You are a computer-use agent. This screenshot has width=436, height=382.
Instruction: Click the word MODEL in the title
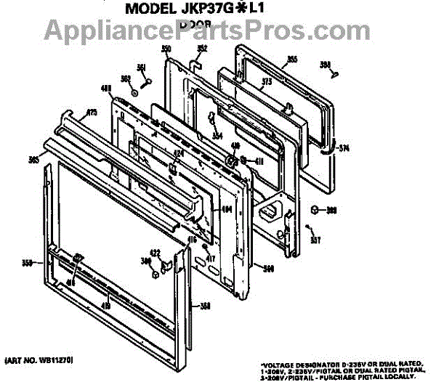[148, 11]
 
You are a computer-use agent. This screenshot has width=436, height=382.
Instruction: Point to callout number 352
[202, 49]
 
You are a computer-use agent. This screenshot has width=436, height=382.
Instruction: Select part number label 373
[267, 82]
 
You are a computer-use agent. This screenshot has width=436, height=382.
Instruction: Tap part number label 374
[344, 149]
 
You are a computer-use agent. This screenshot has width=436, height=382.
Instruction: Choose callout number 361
[142, 68]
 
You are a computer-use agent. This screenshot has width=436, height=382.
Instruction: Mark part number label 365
[33, 158]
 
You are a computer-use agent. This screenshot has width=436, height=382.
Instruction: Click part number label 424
[177, 154]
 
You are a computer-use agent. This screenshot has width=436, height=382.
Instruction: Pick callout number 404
[226, 210]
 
